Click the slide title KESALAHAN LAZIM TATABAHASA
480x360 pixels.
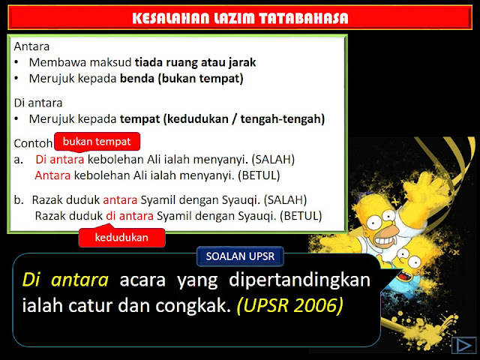pyautogui.click(x=239, y=18)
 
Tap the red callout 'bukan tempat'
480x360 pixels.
pyautogui.click(x=97, y=141)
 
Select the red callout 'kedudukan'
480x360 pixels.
pyautogui.click(x=121, y=238)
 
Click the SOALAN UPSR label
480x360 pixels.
pyautogui.click(x=240, y=256)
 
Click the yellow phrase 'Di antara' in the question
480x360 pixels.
pyautogui.click(x=66, y=280)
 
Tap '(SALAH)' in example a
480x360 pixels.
pyautogui.click(x=273, y=160)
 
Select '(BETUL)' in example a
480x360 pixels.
pyautogui.click(x=257, y=175)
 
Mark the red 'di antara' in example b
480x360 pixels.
pyautogui.click(x=129, y=216)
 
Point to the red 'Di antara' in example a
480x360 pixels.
pyautogui.click(x=60, y=160)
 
